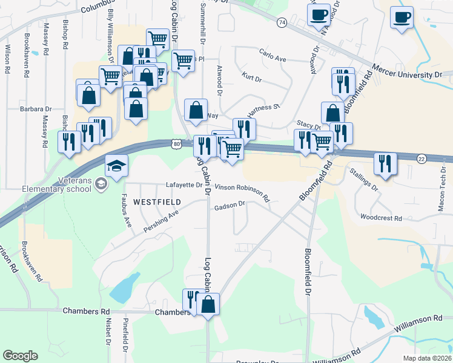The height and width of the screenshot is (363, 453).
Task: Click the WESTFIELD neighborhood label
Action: [x=157, y=201]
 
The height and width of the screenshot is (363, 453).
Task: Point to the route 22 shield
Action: [x=422, y=158]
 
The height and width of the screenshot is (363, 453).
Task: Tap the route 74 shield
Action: [x=282, y=22]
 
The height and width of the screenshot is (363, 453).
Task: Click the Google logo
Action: [x=21, y=356]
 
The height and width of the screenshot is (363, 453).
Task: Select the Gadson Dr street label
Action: [x=229, y=207]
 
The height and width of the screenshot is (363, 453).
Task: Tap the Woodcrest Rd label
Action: [x=380, y=216]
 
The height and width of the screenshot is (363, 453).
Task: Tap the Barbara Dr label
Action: [x=36, y=110]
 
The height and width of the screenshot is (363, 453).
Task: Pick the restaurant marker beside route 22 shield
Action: [x=385, y=163]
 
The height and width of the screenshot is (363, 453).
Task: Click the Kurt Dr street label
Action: [x=251, y=78]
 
